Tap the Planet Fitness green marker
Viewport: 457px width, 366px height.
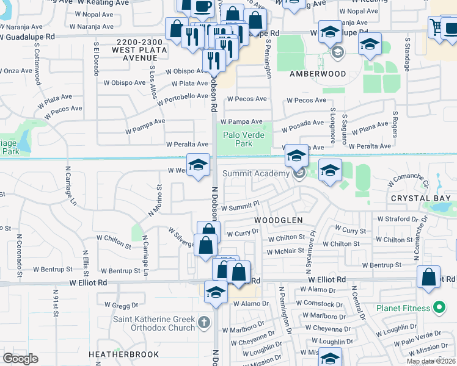[438, 307]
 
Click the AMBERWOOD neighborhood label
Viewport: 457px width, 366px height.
[318, 74]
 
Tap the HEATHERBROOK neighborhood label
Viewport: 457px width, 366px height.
[123, 354]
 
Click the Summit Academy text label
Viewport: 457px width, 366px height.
[255, 174]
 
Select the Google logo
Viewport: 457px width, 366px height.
[20, 359]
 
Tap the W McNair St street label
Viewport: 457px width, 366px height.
[285, 251]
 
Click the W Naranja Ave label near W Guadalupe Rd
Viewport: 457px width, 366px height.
[92, 27]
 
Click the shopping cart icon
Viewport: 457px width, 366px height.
[436, 26]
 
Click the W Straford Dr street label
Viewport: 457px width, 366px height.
[401, 218]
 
